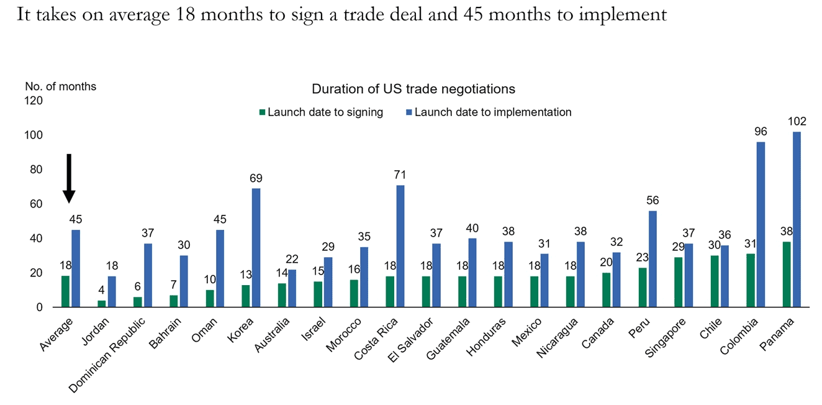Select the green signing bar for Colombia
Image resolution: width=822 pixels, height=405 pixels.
(x=751, y=280)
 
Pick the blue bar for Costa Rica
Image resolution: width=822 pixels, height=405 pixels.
(x=400, y=246)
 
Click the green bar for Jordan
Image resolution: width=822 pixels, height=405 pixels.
(x=102, y=304)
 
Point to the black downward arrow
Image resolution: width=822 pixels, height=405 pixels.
(x=69, y=178)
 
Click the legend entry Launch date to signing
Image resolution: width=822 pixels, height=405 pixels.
(x=320, y=112)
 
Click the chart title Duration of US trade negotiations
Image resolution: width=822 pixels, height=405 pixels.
(x=413, y=89)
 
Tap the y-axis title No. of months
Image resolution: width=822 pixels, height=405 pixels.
(x=60, y=86)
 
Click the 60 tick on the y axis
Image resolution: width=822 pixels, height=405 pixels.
(x=35, y=204)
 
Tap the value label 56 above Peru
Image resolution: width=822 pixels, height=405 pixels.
(x=652, y=201)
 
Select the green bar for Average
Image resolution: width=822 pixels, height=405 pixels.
(x=66, y=291)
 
